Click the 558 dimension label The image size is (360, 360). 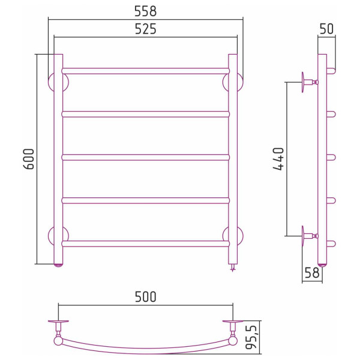click(146, 11)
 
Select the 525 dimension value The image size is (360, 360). click(146, 29)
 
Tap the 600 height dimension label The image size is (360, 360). click(29, 159)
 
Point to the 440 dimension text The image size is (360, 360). click(278, 159)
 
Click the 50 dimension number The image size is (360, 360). click(326, 29)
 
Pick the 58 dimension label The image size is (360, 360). click(312, 273)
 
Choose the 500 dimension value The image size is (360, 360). click(146, 296)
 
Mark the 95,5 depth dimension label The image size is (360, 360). click(251, 337)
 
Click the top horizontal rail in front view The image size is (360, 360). click(146, 71)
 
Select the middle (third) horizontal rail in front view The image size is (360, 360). click(146, 157)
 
